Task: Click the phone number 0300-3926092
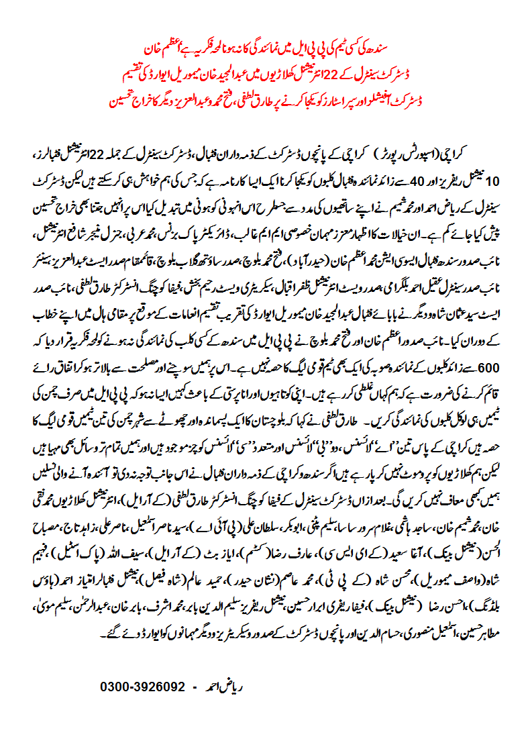[x=142, y=687]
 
